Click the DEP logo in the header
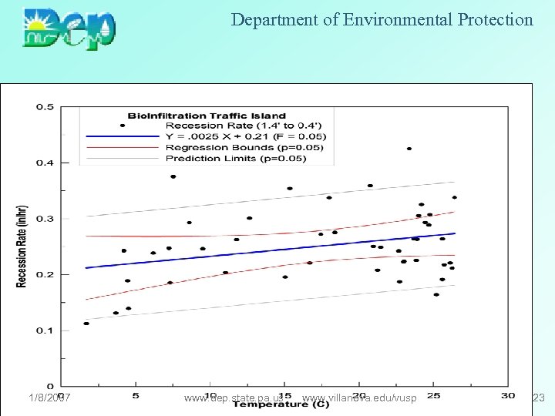70,29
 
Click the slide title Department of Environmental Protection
382,20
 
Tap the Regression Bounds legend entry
244,147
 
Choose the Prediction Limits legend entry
235,159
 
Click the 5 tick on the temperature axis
136,396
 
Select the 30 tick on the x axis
507,396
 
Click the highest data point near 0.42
409,149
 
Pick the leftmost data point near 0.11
86,324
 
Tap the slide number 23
539,398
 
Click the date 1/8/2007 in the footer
49,398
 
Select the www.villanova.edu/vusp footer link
360,398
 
